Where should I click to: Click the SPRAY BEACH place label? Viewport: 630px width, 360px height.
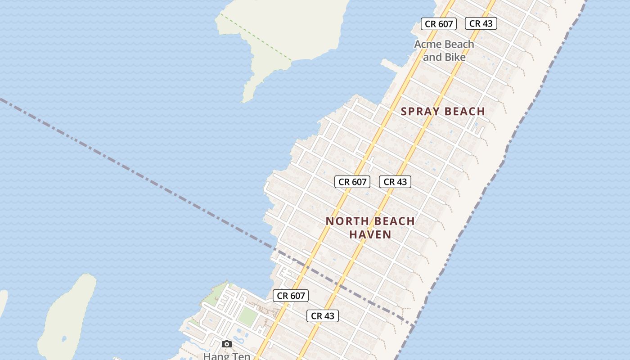(x=443, y=111)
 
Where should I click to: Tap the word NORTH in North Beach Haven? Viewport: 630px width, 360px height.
(x=345, y=221)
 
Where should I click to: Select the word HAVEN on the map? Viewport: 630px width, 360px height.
(x=370, y=234)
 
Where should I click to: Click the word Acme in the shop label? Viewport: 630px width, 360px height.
(x=429, y=44)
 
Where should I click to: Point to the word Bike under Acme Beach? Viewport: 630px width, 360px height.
(x=455, y=57)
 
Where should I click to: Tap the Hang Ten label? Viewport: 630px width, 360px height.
(x=226, y=356)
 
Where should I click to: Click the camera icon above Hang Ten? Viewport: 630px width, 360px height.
(x=227, y=344)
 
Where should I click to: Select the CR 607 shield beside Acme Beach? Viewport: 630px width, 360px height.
(x=439, y=24)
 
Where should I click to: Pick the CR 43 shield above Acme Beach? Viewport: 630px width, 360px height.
(x=481, y=23)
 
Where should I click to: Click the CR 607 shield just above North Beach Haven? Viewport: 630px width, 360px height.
(x=352, y=182)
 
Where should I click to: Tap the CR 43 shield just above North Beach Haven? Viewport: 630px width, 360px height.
(x=395, y=182)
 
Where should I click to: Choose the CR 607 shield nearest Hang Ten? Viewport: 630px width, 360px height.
(x=291, y=296)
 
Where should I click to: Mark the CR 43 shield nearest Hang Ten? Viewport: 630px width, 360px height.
(x=323, y=316)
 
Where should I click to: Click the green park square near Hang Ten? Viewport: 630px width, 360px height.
(x=247, y=316)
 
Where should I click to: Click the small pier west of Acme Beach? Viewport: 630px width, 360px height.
(x=390, y=66)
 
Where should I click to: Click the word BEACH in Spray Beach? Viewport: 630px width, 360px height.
(x=464, y=111)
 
